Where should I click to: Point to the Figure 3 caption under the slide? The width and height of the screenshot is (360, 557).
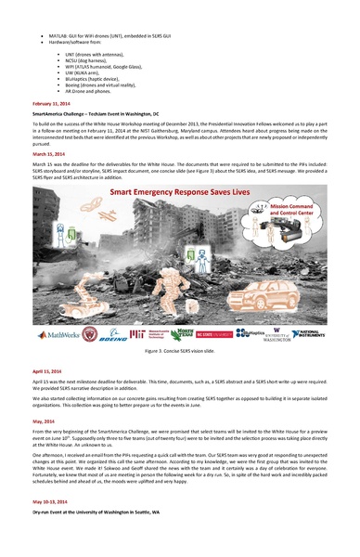(x=179, y=353)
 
